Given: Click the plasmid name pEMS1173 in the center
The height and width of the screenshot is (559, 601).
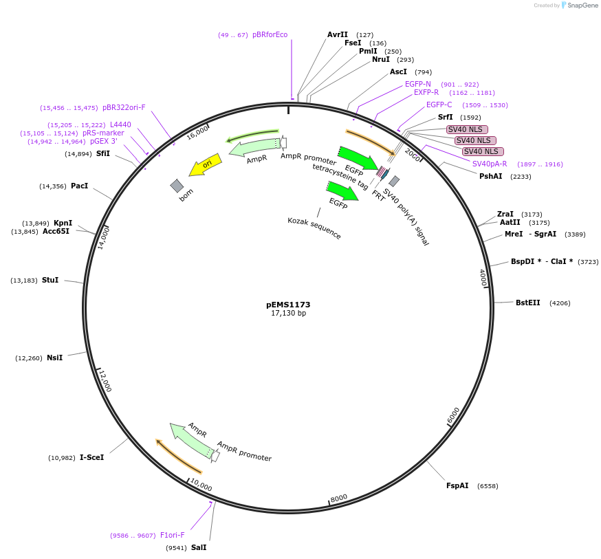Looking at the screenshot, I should [x=288, y=304].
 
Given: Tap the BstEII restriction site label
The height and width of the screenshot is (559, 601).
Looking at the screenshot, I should [x=527, y=303].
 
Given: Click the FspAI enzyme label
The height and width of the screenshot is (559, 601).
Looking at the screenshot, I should [x=457, y=485].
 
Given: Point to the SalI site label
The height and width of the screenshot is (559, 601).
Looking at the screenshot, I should [x=198, y=547].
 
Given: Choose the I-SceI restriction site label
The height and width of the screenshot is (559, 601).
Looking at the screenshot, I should [x=91, y=457].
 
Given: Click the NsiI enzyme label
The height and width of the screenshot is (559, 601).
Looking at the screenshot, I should [x=54, y=358].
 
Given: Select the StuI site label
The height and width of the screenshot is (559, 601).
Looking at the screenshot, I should [x=50, y=280].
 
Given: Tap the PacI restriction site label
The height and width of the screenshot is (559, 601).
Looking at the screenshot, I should [x=80, y=186].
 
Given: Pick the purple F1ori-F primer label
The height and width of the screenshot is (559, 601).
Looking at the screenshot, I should [x=172, y=535].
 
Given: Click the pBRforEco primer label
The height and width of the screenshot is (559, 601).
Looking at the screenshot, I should [x=270, y=34].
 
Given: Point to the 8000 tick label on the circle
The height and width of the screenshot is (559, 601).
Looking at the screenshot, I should [x=339, y=498].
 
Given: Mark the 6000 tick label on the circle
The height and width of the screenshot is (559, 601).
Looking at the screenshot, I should [x=453, y=415].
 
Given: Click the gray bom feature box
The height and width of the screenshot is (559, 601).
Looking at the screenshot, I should [x=177, y=186].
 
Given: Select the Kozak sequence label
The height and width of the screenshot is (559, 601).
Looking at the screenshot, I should [x=314, y=228].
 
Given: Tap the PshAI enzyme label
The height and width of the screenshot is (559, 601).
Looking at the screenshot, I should [x=490, y=176].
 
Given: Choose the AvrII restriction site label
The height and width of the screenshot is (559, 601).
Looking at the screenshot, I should [x=338, y=34].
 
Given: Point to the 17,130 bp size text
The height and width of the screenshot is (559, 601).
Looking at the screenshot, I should [x=288, y=313].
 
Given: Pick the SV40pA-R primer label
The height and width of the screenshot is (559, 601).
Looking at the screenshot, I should [x=489, y=164].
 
